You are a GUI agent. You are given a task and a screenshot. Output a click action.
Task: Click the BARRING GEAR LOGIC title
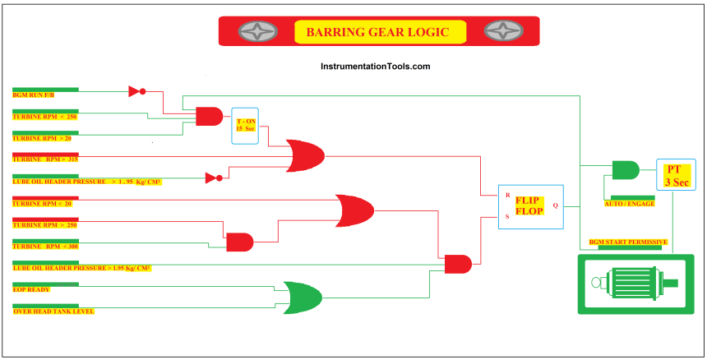coord(377,32)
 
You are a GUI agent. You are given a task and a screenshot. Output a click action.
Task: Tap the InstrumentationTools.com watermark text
coord(375,67)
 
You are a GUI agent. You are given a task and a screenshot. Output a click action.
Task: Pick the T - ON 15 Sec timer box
coord(245,126)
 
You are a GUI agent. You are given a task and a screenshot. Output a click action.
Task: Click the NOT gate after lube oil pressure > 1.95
coord(214,178)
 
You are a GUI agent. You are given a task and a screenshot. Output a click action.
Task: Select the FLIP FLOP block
coord(531,207)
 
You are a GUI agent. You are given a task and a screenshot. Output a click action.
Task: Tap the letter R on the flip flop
coord(508,195)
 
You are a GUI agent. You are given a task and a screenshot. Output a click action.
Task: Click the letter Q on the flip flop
coord(555,205)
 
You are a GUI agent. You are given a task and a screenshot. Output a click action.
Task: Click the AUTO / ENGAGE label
coord(630,204)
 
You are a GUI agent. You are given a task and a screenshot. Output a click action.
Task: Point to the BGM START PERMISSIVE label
coord(628,242)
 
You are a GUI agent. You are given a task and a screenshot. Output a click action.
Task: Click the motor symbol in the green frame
coord(635,284)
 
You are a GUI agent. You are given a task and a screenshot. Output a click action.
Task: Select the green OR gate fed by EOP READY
coord(303,298)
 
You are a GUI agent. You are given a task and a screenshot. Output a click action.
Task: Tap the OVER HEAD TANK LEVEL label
coord(53,312)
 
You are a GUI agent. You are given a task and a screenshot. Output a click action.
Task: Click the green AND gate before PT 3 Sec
coord(626,170)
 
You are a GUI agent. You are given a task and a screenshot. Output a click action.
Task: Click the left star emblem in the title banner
coord(257,31)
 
